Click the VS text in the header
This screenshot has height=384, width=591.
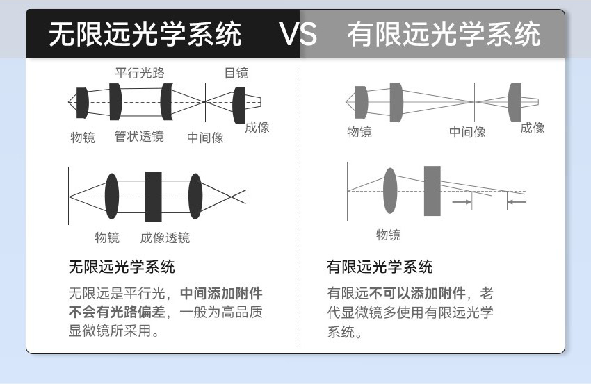298,34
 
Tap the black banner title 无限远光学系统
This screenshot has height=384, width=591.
145,34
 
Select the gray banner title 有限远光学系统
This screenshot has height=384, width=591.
444,34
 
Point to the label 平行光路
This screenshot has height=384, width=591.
140,73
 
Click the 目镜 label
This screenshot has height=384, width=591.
236,73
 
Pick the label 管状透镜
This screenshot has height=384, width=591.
139,136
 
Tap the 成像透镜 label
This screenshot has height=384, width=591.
165,237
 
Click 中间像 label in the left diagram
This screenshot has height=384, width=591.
205,137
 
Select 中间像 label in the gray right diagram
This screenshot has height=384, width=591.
467,132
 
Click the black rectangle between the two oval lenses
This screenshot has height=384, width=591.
154,197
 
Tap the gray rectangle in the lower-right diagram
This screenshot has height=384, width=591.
432,191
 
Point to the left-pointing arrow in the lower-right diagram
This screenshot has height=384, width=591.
517,202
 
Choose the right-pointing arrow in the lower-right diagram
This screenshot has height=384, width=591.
462,202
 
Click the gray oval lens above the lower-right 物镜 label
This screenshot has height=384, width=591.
390,191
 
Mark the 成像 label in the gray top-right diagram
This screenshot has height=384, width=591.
532,128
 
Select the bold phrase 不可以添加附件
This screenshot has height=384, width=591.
417,293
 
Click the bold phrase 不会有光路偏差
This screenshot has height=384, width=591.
117,312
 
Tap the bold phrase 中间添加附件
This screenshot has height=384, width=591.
221,293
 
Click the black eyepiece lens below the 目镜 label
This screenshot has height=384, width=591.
239,106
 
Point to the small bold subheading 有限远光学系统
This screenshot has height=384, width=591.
380,267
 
